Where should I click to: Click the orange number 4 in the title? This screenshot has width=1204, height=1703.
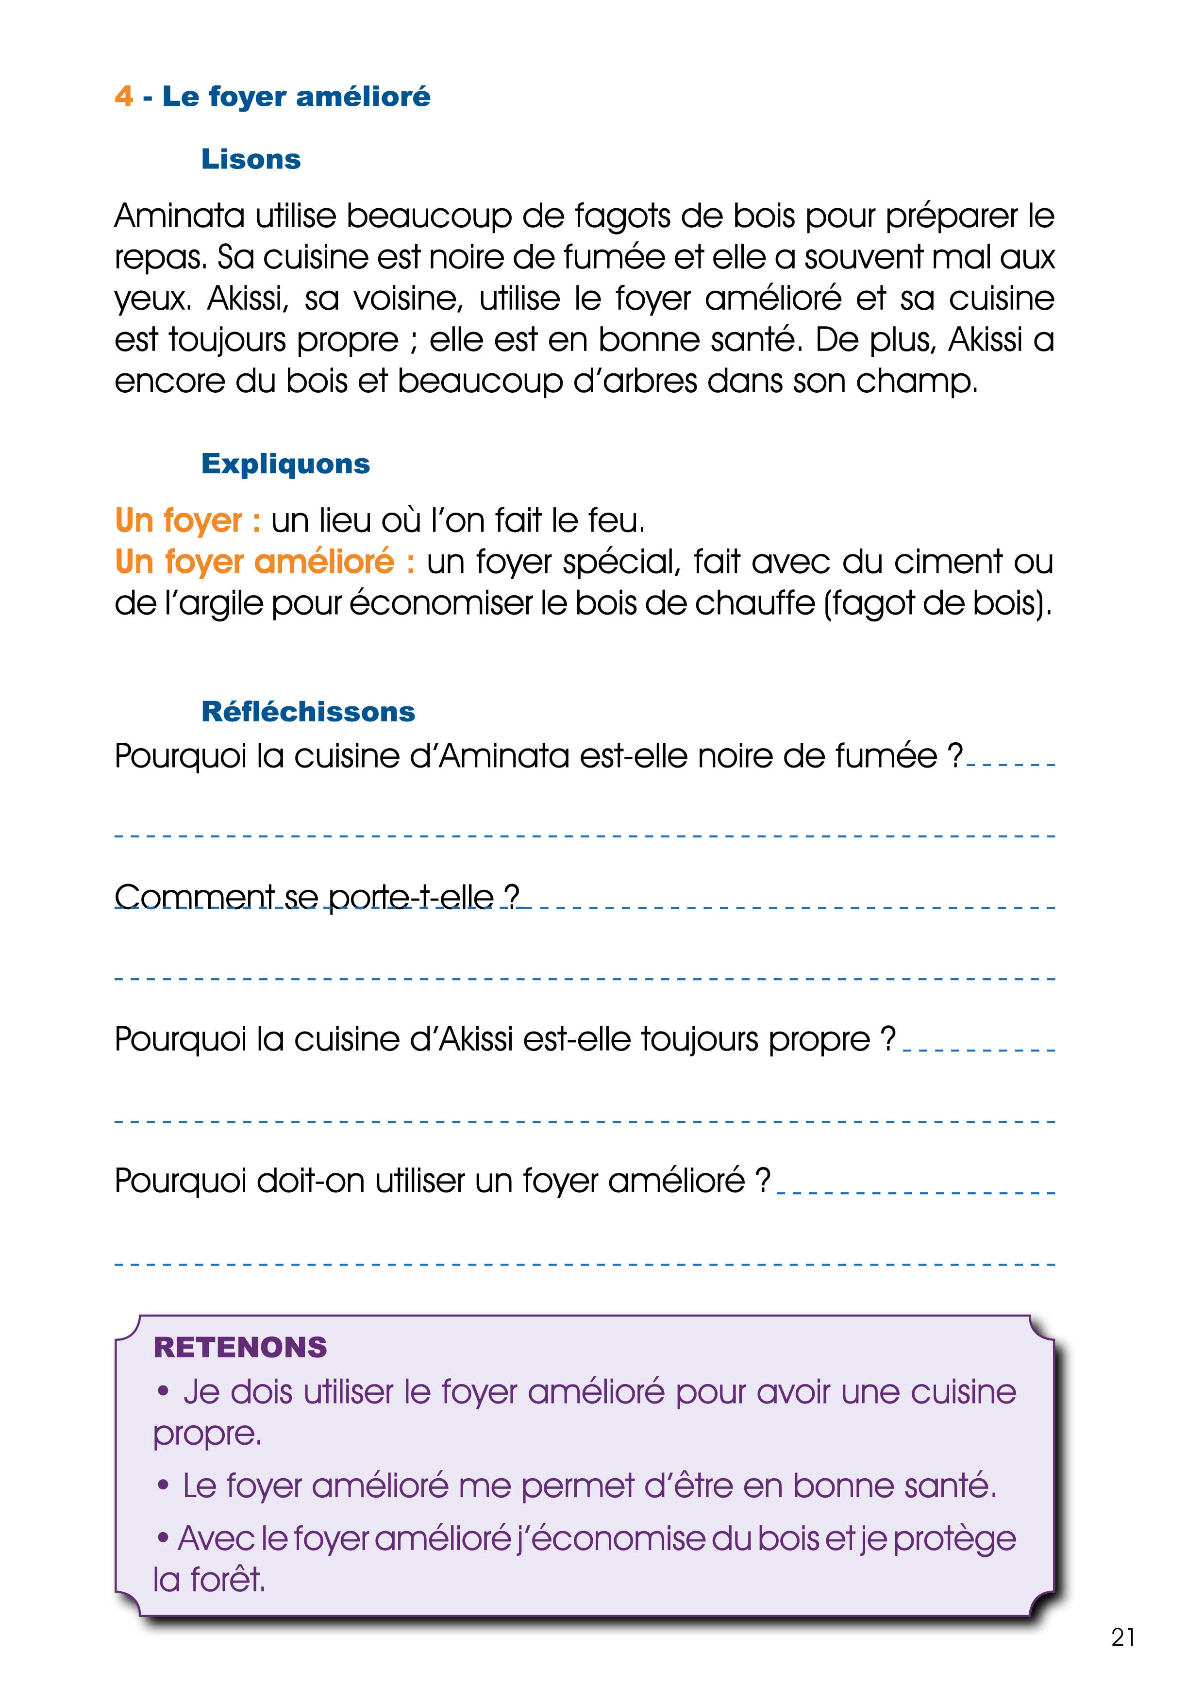point(124,97)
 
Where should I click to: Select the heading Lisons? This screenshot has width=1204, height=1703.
point(251,159)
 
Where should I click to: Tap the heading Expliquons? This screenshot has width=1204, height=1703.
point(285,464)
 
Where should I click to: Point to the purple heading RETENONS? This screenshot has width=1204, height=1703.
point(240,1348)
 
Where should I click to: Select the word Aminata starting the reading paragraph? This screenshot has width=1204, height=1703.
point(179,216)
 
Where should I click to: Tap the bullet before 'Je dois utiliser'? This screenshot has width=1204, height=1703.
point(163,1391)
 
